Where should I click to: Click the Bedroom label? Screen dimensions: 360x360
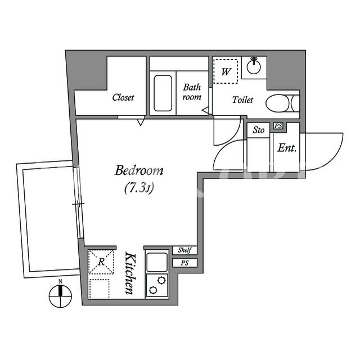click(139, 170)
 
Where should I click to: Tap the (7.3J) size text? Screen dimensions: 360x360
click(139, 188)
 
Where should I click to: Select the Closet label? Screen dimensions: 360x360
click(123, 97)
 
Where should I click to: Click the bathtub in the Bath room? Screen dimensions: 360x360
click(163, 93)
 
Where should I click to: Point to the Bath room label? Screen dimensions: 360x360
click(192, 92)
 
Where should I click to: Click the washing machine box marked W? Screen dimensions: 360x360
click(226, 71)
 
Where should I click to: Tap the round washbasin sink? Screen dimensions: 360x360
click(254, 67)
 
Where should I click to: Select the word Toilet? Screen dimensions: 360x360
click(242, 100)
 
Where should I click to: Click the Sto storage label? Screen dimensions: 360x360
click(259, 130)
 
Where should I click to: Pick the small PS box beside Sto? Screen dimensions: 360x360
click(278, 126)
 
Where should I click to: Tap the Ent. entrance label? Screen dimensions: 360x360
click(287, 148)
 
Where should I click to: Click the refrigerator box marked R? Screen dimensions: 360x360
click(101, 262)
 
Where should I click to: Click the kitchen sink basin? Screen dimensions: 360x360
click(157, 262)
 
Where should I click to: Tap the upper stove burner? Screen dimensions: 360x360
click(161, 280)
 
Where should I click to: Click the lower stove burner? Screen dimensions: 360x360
click(153, 290)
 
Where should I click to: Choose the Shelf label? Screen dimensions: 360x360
click(184, 250)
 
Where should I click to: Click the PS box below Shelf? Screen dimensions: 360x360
click(185, 263)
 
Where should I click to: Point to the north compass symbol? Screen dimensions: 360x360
click(60, 296)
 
